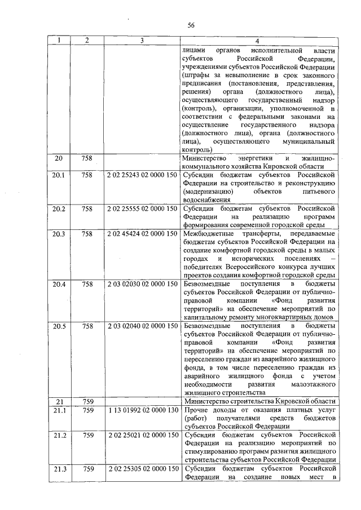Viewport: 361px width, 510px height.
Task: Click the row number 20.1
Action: tap(59, 175)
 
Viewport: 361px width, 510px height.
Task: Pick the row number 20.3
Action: tap(59, 234)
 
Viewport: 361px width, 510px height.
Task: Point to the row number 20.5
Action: tap(59, 326)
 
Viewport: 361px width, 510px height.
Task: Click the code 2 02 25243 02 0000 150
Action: tap(142, 175)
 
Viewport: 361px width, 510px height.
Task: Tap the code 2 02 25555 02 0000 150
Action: tap(142, 209)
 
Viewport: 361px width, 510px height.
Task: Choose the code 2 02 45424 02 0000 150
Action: tap(142, 234)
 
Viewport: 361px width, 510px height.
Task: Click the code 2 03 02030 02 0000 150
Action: tap(142, 284)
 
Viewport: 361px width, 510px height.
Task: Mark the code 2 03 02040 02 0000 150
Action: tap(142, 326)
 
